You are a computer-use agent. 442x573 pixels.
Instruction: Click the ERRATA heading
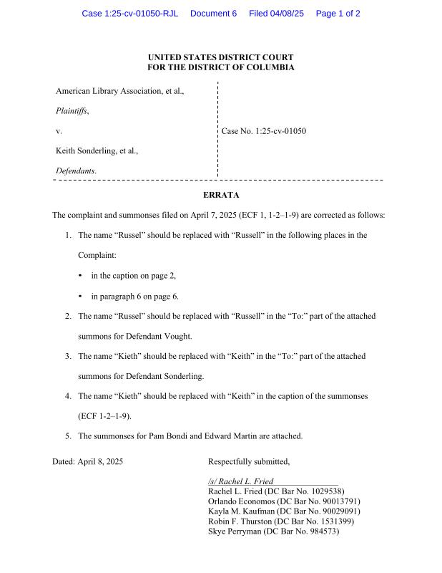click(x=220, y=195)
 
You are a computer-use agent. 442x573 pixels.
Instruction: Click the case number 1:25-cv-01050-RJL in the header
click(x=129, y=14)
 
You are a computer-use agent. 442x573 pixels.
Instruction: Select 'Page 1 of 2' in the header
click(x=338, y=14)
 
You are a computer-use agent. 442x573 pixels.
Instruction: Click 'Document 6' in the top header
click(x=213, y=14)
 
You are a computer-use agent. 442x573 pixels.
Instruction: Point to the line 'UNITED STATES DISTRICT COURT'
click(x=220, y=57)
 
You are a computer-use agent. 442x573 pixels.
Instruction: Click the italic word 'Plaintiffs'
click(x=72, y=111)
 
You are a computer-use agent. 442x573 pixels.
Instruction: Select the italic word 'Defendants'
click(x=76, y=171)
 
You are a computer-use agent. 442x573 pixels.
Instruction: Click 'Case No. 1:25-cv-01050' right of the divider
click(x=264, y=131)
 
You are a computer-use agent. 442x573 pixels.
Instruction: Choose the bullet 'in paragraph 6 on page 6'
click(x=134, y=296)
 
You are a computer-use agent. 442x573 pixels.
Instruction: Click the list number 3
click(x=68, y=356)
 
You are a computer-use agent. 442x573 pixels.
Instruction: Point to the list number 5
click(x=68, y=435)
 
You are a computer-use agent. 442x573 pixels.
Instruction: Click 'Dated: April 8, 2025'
click(x=87, y=462)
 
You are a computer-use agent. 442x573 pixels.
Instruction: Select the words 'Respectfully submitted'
click(x=248, y=462)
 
